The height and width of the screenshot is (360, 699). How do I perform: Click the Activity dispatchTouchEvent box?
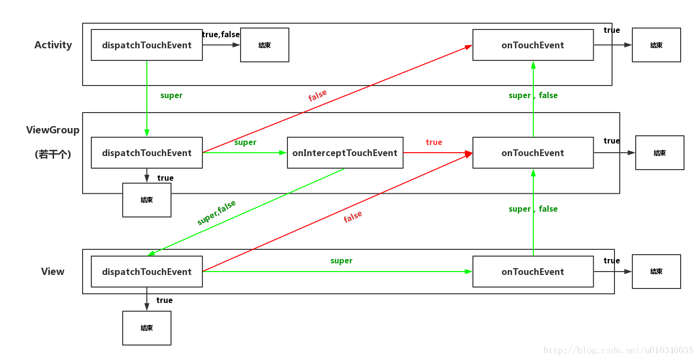point(147,45)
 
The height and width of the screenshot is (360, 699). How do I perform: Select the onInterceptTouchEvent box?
point(345,153)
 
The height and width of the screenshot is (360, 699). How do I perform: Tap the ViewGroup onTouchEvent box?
point(533,153)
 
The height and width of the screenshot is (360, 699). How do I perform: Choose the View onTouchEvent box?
point(533,272)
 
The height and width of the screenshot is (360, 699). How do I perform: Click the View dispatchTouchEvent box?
point(147,272)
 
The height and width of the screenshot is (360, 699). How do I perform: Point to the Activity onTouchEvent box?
point(533,45)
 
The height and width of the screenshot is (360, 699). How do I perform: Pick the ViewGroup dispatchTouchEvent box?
point(147,153)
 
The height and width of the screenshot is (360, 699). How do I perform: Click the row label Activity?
point(53,45)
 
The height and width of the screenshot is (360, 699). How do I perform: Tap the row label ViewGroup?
point(53,130)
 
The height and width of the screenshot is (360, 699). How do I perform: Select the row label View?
point(53,271)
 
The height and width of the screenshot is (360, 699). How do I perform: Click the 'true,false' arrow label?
point(221,34)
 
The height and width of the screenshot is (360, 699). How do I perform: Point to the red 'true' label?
point(434,142)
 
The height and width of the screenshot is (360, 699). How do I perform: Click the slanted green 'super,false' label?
point(216,213)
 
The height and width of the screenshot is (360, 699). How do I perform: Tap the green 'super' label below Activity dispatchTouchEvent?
point(171,96)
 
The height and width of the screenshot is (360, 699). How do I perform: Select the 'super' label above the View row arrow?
point(342,261)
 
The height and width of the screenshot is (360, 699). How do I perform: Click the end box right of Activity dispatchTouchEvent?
point(265,45)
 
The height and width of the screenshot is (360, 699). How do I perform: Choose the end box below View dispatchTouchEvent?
point(147,328)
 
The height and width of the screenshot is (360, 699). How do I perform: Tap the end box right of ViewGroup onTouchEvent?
point(660,153)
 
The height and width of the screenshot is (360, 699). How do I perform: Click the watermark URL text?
point(618,350)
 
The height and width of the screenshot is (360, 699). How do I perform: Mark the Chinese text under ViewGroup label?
point(53,154)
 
